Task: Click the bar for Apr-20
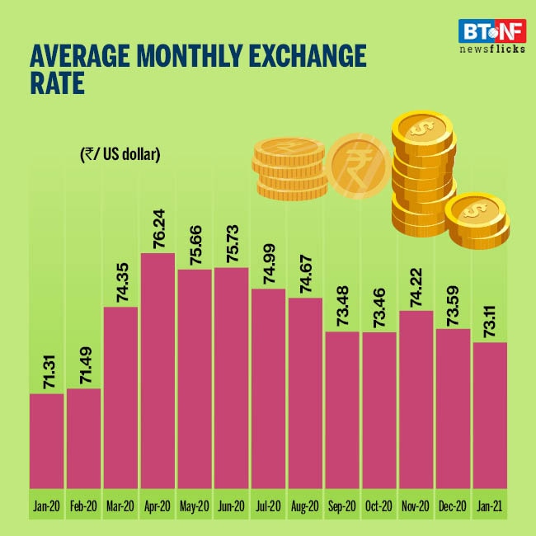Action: tap(158, 370)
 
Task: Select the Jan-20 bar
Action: tap(46, 440)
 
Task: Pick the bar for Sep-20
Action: tap(341, 409)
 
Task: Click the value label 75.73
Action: tap(232, 240)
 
